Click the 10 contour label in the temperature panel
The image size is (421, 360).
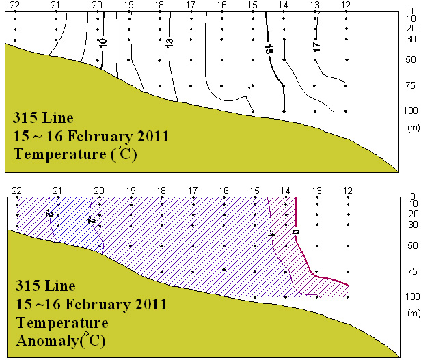click(x=103, y=42)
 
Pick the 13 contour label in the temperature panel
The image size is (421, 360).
click(x=169, y=43)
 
